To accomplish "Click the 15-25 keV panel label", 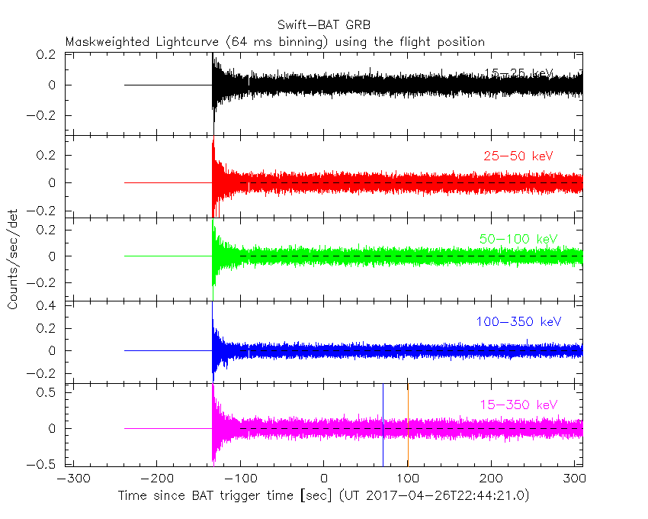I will (518, 73).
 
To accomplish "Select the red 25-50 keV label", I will (518, 156).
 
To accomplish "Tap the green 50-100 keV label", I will (518, 239).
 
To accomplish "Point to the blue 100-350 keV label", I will (518, 322).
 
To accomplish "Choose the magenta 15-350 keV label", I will (518, 404).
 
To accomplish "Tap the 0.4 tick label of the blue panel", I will (47, 306).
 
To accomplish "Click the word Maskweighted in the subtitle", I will (102, 42).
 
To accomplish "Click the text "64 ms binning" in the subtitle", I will (285, 42).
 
